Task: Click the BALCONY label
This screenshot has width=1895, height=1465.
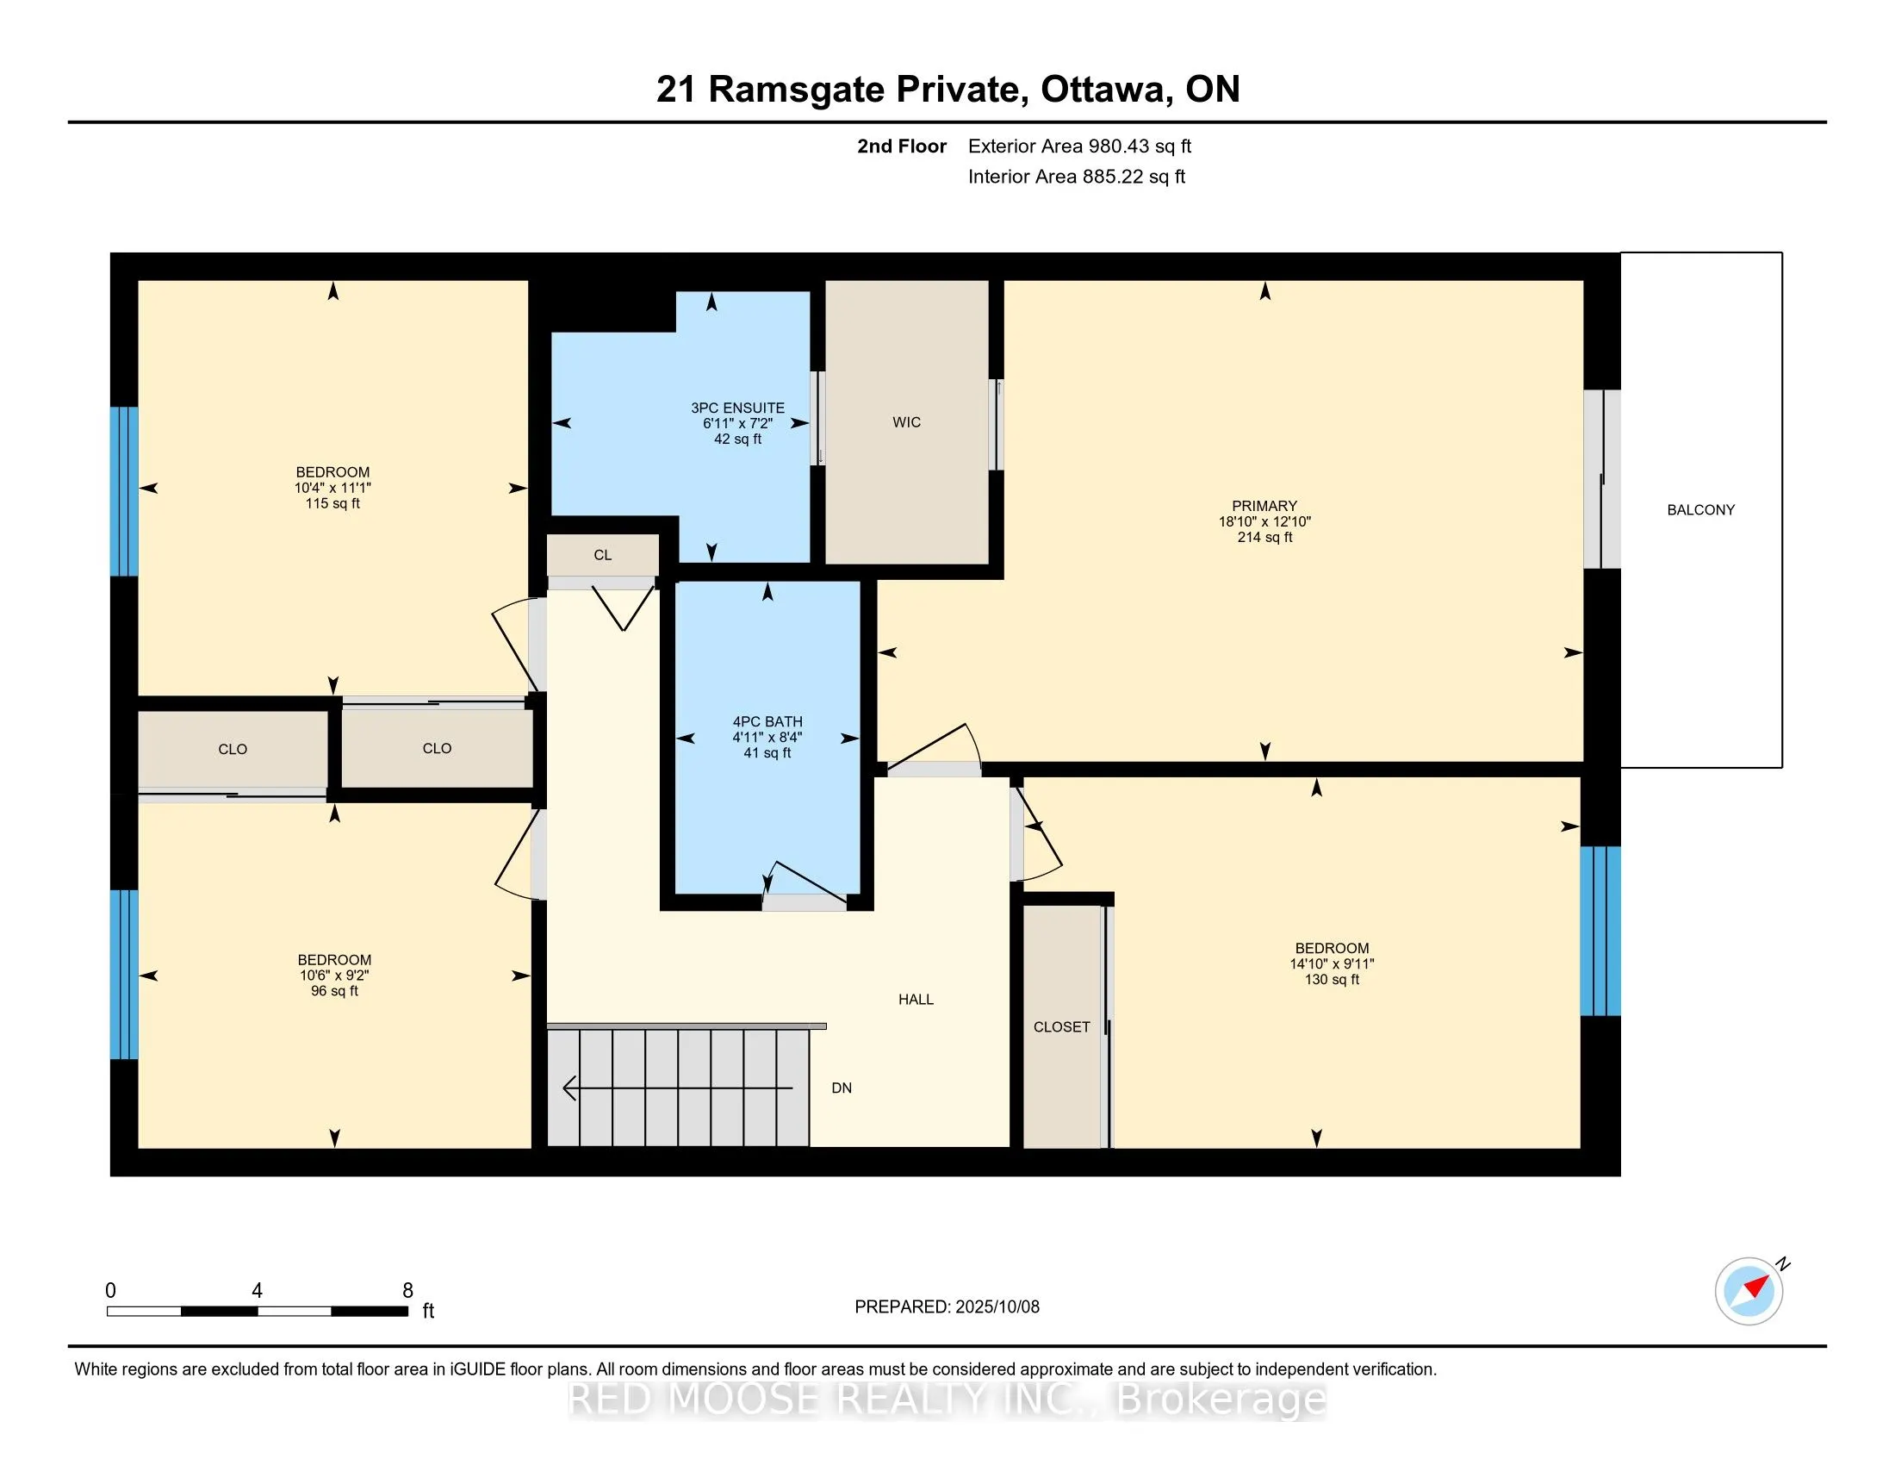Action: (x=1700, y=510)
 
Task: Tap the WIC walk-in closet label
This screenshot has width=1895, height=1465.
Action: (x=907, y=422)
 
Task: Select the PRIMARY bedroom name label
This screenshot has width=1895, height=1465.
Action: (x=1264, y=506)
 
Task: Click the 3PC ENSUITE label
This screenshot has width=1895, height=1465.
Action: (x=737, y=408)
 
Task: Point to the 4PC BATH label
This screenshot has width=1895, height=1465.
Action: (x=767, y=721)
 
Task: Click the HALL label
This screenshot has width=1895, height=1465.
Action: (x=916, y=1000)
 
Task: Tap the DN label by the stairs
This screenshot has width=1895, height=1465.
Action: (x=842, y=1088)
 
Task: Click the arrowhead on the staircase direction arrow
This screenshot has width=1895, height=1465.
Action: (x=569, y=1088)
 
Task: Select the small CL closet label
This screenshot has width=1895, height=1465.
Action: (x=603, y=556)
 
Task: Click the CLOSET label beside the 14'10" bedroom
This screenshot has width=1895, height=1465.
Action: (x=1061, y=1027)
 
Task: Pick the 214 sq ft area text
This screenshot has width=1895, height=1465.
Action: (x=1264, y=537)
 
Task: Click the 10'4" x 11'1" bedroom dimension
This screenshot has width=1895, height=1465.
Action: (x=332, y=488)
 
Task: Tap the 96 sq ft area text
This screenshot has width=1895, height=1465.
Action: (x=334, y=991)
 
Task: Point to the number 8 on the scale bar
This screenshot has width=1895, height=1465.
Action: (x=407, y=1291)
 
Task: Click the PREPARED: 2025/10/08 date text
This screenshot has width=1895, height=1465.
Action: (x=947, y=1307)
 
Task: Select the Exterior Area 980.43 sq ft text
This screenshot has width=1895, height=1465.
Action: (x=1079, y=146)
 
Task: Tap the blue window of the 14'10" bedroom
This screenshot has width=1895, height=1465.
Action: (x=1600, y=932)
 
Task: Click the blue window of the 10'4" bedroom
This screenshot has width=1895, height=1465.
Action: (x=124, y=491)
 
